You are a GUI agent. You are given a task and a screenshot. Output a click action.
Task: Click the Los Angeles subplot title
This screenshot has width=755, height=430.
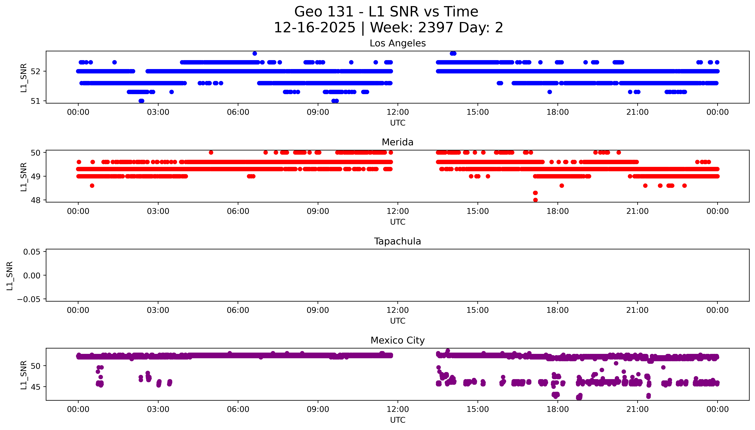pyautogui.click(x=397, y=43)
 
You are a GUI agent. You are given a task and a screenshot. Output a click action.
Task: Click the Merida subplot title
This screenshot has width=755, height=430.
pyautogui.click(x=397, y=142)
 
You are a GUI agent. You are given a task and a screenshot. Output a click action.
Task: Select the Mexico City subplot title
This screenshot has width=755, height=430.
pyautogui.click(x=397, y=341)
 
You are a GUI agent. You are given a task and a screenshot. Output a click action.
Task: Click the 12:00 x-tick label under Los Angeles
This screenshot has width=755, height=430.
pyautogui.click(x=398, y=112)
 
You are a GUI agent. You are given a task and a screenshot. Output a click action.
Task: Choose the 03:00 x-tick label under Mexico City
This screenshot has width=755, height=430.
pyautogui.click(x=158, y=409)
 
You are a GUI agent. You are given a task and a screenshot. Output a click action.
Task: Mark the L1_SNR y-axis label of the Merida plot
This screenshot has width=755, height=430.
pyautogui.click(x=24, y=177)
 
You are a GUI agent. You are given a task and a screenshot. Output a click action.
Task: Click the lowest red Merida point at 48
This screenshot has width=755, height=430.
pyautogui.click(x=535, y=200)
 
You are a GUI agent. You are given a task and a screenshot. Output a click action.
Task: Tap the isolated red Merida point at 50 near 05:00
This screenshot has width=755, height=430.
pyautogui.click(x=211, y=152)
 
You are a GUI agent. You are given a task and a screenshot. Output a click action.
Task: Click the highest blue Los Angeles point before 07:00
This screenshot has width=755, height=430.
pyautogui.click(x=255, y=53)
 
